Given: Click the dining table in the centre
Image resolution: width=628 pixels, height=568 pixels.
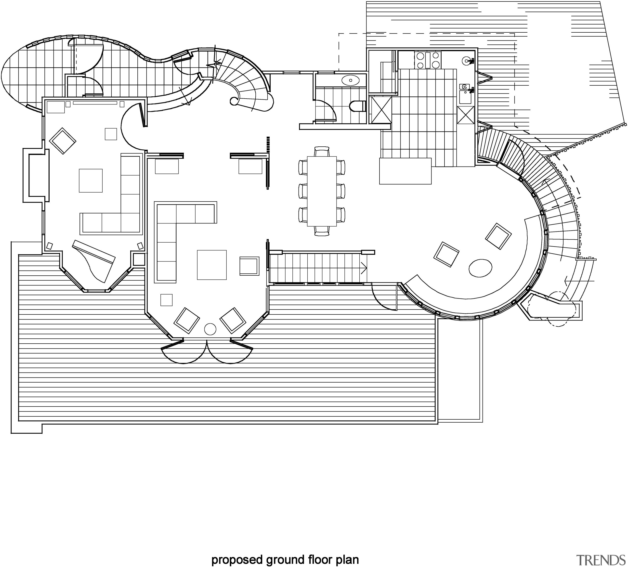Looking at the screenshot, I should (x=322, y=191).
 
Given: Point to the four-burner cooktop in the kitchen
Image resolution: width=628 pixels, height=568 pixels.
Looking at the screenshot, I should (x=427, y=60).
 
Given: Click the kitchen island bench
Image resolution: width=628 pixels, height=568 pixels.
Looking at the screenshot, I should (x=405, y=171).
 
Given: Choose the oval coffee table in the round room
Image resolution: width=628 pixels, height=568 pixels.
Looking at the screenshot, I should (x=480, y=268).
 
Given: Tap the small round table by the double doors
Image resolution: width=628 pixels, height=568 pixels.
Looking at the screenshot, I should (x=210, y=329).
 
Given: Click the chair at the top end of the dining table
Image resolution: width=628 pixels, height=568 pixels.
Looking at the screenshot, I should (x=322, y=151).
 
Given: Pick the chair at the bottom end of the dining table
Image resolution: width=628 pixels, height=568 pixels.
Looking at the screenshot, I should (x=322, y=231).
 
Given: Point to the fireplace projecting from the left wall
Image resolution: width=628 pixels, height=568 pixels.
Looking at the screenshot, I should (x=36, y=175).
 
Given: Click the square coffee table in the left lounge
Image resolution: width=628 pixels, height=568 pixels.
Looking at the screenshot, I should (x=91, y=181).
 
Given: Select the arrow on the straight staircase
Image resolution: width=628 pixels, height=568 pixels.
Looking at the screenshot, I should (x=364, y=268).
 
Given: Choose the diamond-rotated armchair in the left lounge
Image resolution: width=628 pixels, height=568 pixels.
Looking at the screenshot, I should (x=62, y=141).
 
